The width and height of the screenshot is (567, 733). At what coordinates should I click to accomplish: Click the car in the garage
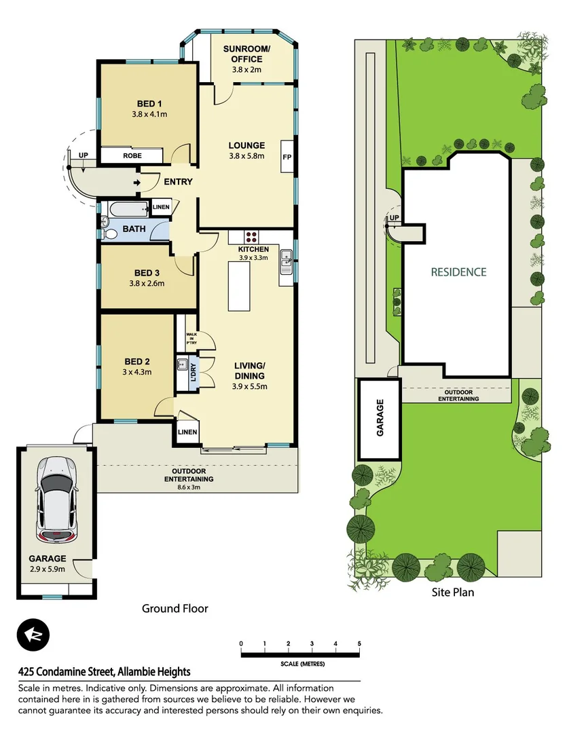click(56, 500)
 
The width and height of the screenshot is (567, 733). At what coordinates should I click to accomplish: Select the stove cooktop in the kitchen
click(251, 238)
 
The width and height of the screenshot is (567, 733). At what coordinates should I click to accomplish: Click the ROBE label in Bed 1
click(132, 155)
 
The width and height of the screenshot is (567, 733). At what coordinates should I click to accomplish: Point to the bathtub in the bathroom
click(124, 207)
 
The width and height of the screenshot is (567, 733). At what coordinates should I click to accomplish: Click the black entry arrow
click(137, 182)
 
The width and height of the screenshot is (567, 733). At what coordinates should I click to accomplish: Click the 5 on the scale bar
click(359, 643)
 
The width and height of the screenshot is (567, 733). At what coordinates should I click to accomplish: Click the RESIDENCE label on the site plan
click(459, 272)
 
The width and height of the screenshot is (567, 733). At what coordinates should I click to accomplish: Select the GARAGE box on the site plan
click(380, 419)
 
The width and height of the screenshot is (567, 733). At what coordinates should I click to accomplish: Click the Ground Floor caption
click(175, 609)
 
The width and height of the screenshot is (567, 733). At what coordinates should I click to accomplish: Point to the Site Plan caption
click(453, 592)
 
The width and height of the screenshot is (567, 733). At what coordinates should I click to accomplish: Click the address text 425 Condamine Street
click(104, 672)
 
